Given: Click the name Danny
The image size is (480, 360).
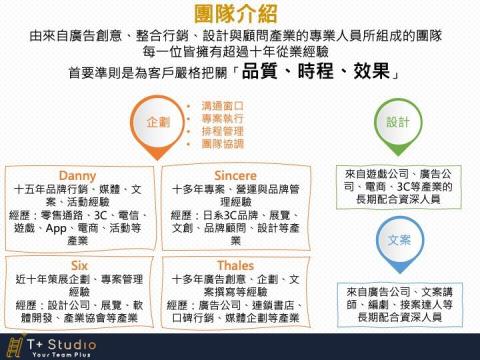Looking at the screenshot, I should pos(77,175).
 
